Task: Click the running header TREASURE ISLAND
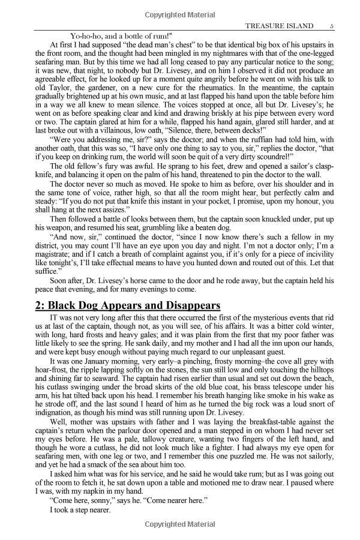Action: (x=280, y=26)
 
